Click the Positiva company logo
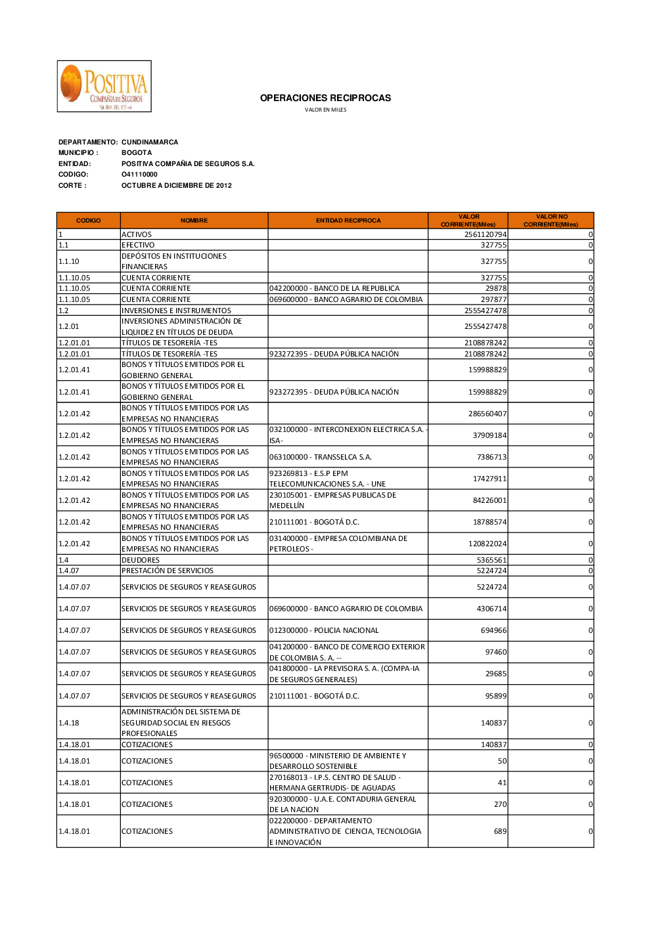(x=104, y=86)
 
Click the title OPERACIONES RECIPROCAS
(x=325, y=98)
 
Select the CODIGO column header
(x=88, y=221)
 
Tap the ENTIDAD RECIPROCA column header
(x=348, y=221)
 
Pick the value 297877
(x=493, y=299)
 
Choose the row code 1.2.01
(x=69, y=326)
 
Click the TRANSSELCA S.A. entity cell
(x=321, y=457)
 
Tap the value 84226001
(x=489, y=500)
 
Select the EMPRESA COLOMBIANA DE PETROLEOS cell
(x=338, y=544)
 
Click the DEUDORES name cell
(x=141, y=560)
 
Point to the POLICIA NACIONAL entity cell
(x=324, y=630)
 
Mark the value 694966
(x=493, y=630)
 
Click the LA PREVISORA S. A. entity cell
(x=344, y=674)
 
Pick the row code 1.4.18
(x=69, y=723)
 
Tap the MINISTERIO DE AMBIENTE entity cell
(x=338, y=761)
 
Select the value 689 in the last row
(x=500, y=831)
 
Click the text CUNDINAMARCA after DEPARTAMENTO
(x=150, y=142)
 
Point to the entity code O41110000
(x=139, y=175)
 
